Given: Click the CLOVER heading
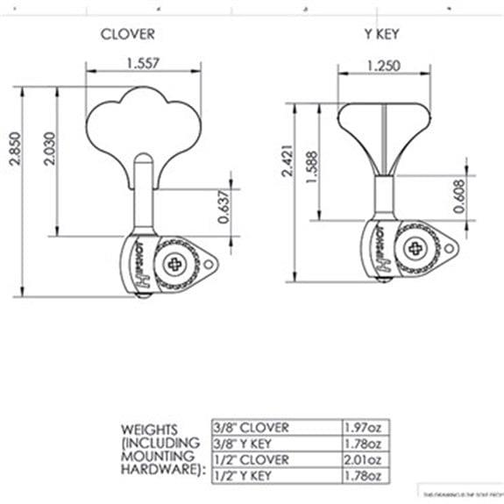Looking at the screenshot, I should (x=127, y=34).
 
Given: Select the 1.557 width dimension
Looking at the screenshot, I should (x=145, y=63).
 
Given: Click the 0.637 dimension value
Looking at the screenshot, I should (x=223, y=207).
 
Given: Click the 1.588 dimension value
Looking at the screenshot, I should (x=313, y=166).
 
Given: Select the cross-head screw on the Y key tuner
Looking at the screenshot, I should (x=410, y=247).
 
